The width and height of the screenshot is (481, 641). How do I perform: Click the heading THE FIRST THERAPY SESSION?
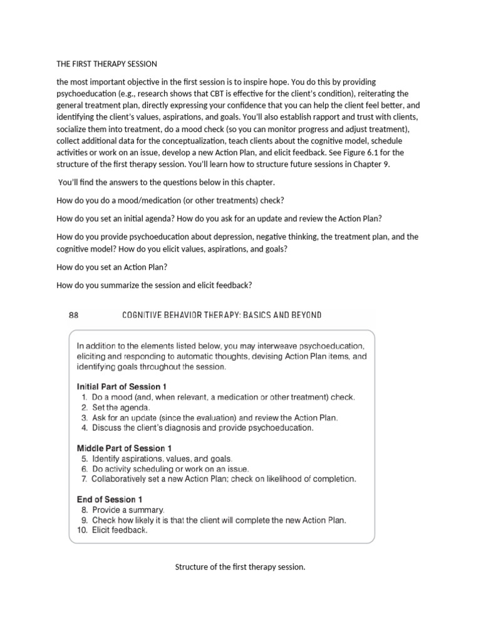pyautogui.click(x=106, y=64)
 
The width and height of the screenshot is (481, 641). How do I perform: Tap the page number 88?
pyautogui.click(x=73, y=315)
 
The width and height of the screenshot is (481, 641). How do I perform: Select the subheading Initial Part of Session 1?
pyautogui.click(x=122, y=386)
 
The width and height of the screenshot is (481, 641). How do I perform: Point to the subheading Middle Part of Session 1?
pyautogui.click(x=124, y=448)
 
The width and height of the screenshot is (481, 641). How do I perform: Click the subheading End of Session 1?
pyautogui.click(x=110, y=499)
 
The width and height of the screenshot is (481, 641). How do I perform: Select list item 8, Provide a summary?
pyautogui.click(x=128, y=510)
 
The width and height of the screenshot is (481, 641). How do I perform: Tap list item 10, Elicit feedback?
pyautogui.click(x=119, y=530)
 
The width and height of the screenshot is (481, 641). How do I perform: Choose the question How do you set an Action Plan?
pyautogui.click(x=111, y=267)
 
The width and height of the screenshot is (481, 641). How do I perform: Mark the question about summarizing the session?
pyautogui.click(x=153, y=285)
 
